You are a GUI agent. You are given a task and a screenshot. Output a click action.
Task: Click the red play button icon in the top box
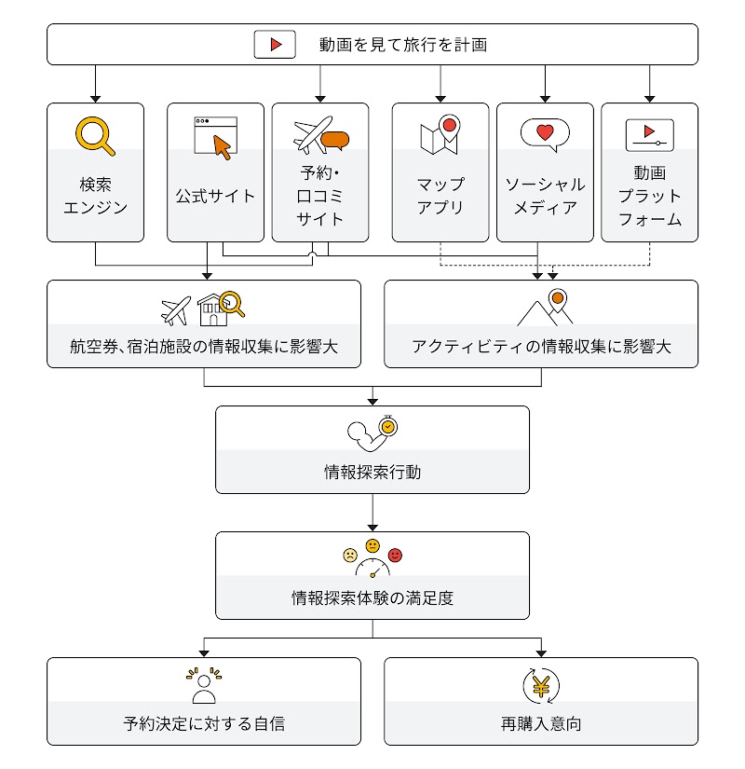tap(275, 44)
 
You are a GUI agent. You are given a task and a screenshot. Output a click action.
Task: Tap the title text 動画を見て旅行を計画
tap(403, 44)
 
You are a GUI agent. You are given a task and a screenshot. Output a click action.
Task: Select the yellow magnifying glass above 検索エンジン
tap(95, 136)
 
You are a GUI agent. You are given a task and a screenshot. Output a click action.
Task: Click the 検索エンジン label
tap(95, 196)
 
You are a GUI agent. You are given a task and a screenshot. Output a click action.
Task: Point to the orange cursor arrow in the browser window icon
tap(222, 146)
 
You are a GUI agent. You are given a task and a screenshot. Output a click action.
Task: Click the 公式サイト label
tap(215, 196)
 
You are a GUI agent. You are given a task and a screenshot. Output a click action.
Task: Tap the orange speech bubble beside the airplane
tap(334, 141)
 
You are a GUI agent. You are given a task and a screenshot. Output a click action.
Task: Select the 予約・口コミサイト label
tap(319, 196)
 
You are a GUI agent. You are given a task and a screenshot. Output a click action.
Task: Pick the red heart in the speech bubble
tap(545, 131)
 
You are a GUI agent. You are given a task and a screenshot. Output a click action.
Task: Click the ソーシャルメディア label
tap(545, 196)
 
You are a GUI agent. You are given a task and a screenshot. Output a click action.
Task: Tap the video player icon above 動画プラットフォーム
tap(649, 134)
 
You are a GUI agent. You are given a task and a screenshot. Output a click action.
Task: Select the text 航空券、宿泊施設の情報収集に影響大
tap(203, 347)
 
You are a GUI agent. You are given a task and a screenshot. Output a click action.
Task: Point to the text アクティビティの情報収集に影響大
tap(541, 347)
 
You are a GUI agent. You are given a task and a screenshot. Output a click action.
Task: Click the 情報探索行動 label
tap(372, 472)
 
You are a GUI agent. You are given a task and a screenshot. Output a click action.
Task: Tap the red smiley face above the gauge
tap(395, 556)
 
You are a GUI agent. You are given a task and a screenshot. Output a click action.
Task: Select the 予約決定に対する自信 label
tap(203, 723)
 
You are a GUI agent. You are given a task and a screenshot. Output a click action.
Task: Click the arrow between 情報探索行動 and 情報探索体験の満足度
tap(372, 512)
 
